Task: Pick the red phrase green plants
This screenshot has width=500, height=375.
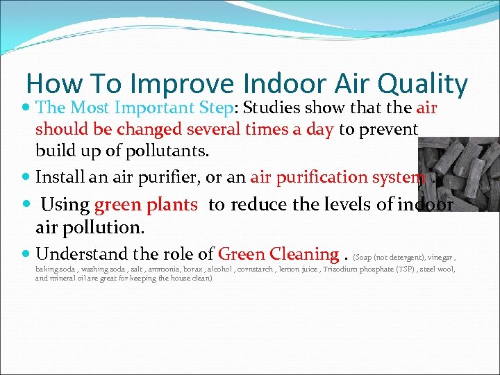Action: (x=146, y=206)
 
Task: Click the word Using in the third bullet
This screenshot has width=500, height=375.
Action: (x=65, y=206)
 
